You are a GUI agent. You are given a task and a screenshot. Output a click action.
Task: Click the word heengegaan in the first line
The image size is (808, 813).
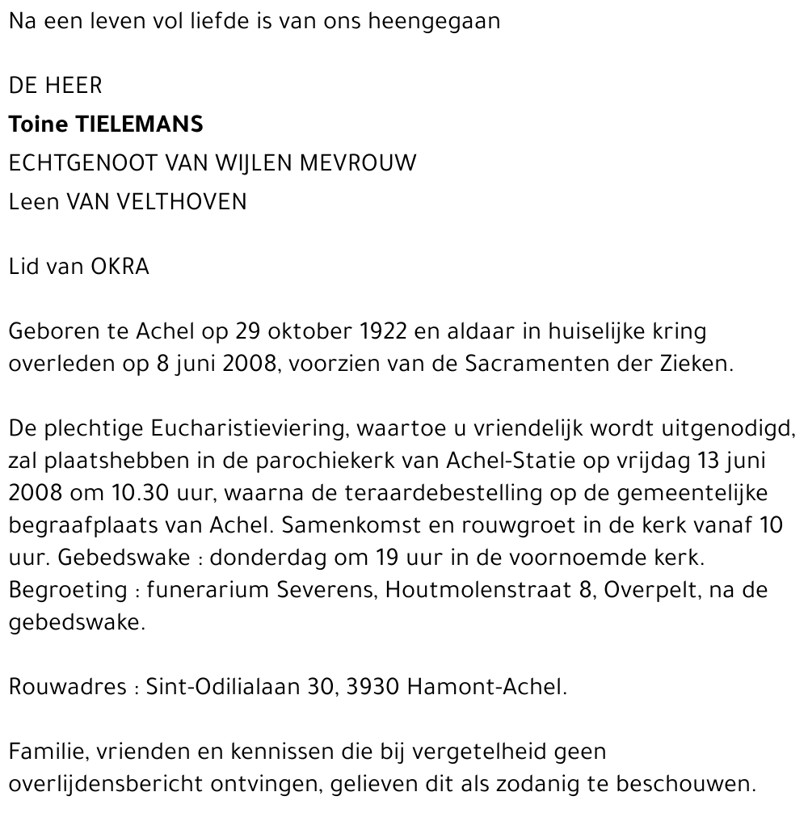pyautogui.click(x=434, y=22)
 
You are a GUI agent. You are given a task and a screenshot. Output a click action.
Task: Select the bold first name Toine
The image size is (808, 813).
pyautogui.click(x=38, y=124)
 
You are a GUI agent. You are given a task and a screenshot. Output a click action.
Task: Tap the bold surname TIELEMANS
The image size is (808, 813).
pyautogui.click(x=139, y=124)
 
